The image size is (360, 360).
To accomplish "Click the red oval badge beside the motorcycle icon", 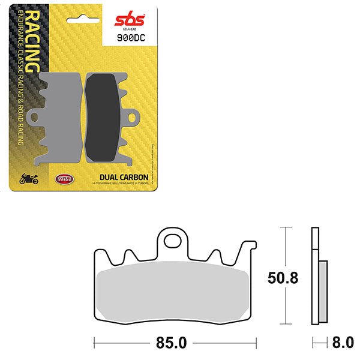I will click(62, 178).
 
